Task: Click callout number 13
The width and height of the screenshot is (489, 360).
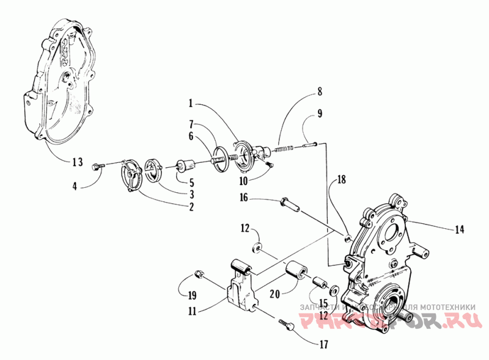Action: pyautogui.click(x=75, y=162)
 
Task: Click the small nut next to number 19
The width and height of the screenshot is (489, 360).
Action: pyautogui.click(x=197, y=273)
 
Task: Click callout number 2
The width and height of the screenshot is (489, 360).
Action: pyautogui.click(x=191, y=207)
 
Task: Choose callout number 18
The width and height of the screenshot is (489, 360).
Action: pyautogui.click(x=340, y=181)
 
